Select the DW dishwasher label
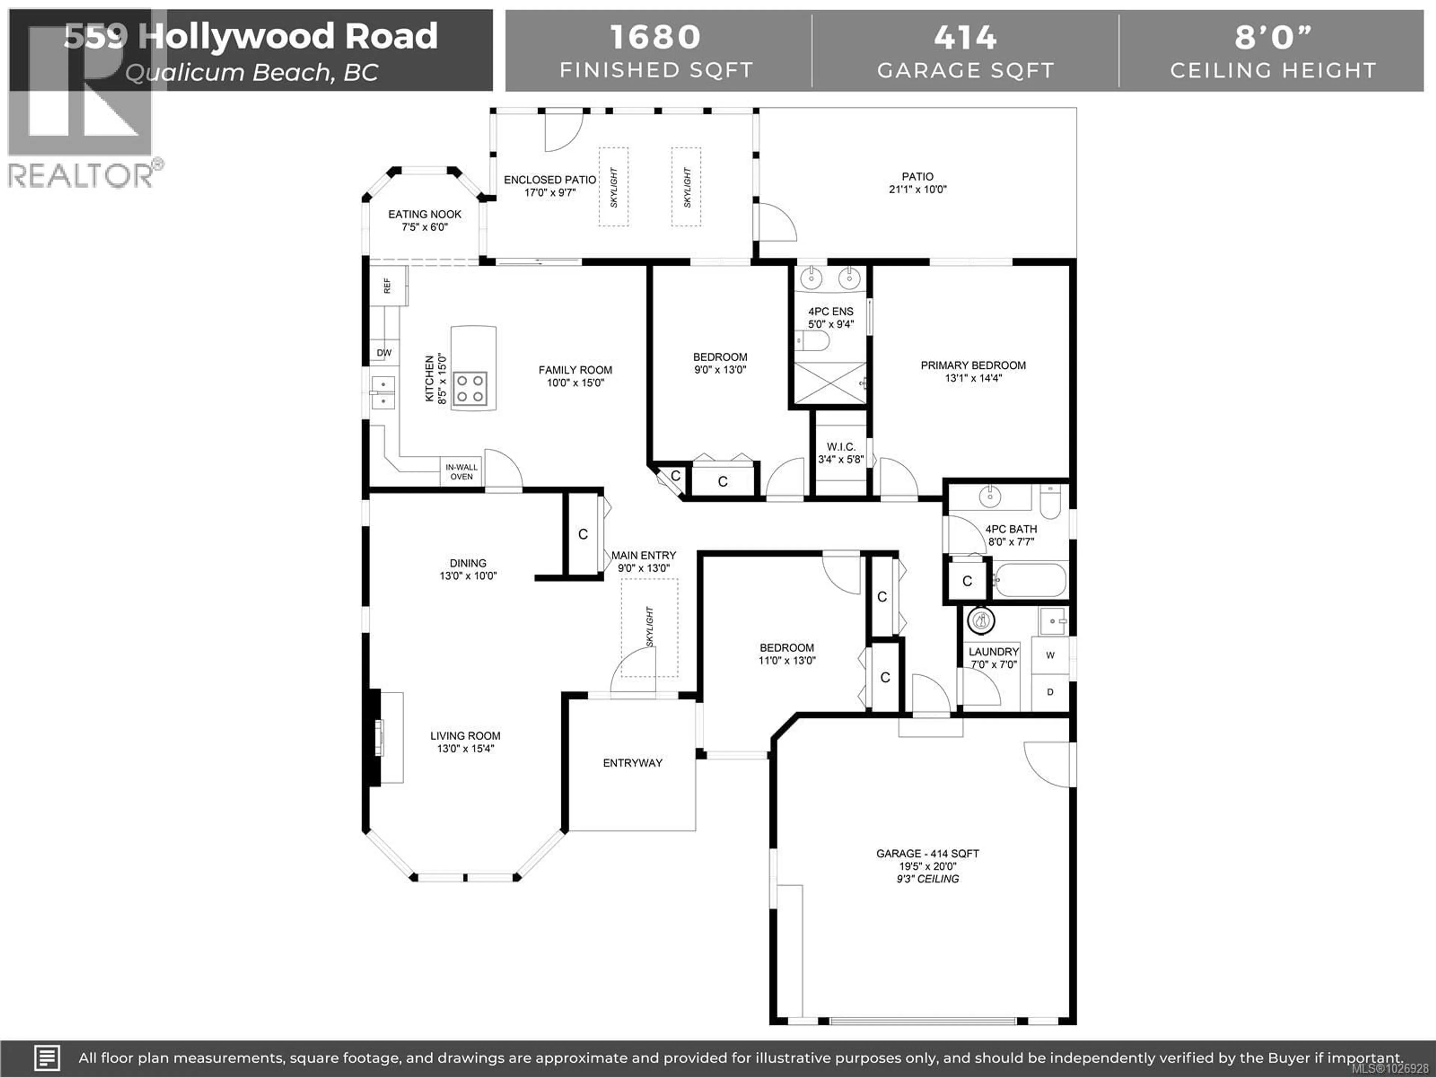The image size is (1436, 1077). (x=384, y=353)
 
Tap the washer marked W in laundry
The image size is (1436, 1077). (x=1050, y=656)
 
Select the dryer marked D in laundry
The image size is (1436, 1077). (x=1050, y=692)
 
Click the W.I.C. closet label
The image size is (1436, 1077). (x=841, y=447)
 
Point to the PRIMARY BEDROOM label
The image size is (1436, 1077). (x=973, y=365)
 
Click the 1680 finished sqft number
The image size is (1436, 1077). (x=656, y=37)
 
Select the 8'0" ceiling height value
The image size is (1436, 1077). (x=1273, y=37)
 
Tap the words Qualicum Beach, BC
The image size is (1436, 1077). (x=252, y=73)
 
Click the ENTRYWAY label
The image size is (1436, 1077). (x=632, y=763)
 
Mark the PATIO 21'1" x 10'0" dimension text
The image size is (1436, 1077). (x=917, y=190)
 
